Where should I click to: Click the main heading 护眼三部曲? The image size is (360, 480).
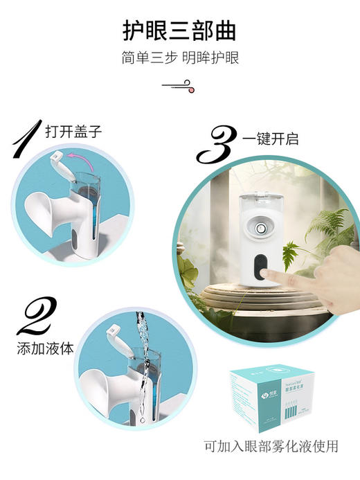(x=179, y=30)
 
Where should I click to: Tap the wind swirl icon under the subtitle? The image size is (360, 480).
(x=179, y=86)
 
